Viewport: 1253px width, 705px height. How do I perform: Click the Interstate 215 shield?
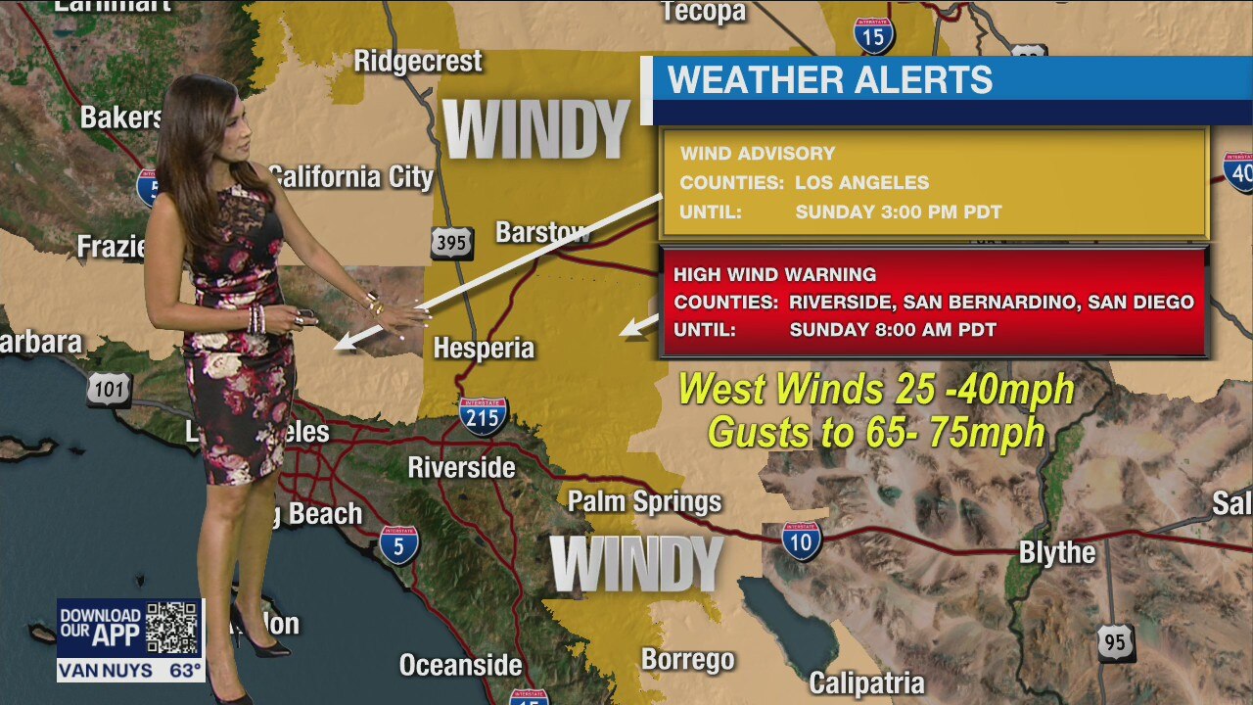[483, 415]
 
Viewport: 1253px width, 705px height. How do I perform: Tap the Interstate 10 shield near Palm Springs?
[801, 540]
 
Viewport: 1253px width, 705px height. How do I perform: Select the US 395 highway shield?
[451, 243]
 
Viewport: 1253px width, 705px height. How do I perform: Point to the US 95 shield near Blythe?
[1116, 642]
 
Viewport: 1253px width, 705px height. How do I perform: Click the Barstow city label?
[542, 233]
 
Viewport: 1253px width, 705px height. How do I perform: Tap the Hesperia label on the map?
[484, 348]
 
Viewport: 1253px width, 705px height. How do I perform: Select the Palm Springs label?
[644, 502]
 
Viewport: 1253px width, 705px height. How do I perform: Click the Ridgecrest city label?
[418, 62]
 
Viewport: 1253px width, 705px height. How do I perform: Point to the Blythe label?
[1057, 552]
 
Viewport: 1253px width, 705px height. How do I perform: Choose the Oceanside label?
[460, 666]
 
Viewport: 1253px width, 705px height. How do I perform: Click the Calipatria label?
[866, 682]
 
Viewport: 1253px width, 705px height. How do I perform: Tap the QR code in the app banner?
[172, 628]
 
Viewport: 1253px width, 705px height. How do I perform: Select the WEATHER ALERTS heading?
[829, 80]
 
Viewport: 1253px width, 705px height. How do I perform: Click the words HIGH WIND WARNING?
[774, 275]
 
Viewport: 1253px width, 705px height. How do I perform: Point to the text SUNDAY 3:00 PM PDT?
[898, 211]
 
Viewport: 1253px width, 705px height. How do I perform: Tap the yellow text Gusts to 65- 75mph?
[876, 432]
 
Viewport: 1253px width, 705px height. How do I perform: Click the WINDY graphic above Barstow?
[537, 129]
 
